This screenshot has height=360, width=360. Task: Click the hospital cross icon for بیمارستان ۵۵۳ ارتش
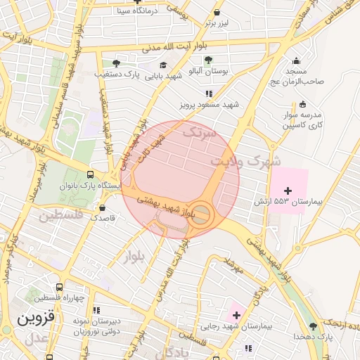pyautogui.click(x=288, y=191)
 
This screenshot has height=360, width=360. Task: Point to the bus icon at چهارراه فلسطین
pyautogui.click(x=59, y=287)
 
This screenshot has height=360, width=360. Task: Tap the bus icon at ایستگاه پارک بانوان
pyautogui.click(x=90, y=174)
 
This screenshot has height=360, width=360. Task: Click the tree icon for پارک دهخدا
pyautogui.click(x=314, y=326)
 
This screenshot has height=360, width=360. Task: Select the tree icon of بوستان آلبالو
pyautogui.click(x=207, y=60)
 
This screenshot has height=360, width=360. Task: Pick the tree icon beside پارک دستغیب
pyautogui.click(x=116, y=62)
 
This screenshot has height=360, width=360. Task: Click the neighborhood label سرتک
pyautogui.click(x=196, y=131)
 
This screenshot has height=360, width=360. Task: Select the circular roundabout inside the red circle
pyautogui.click(x=201, y=214)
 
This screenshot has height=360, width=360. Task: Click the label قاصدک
pyautogui.click(x=103, y=219)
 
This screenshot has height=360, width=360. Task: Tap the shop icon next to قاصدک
pyautogui.click(x=103, y=208)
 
